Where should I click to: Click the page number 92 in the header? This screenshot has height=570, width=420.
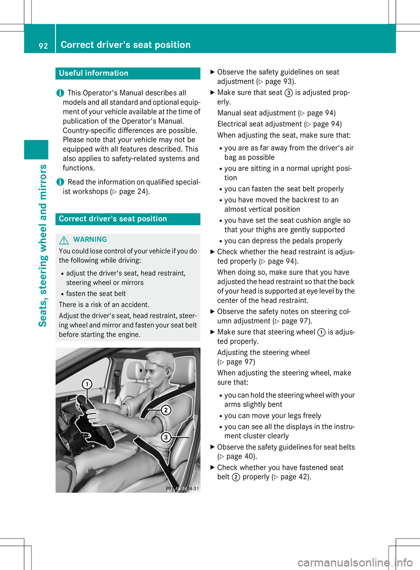(43, 46)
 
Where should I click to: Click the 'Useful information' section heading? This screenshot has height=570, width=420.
(94, 73)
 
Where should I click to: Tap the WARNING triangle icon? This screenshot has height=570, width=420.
(64, 240)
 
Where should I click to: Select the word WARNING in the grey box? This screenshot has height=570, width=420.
(90, 239)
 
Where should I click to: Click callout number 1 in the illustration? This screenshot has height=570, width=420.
(87, 384)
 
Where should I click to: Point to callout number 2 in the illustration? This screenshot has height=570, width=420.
(166, 410)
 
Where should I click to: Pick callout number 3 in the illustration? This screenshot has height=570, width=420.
(166, 437)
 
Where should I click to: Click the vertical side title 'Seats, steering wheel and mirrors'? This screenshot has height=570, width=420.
(43, 245)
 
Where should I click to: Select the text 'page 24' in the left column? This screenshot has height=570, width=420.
(133, 191)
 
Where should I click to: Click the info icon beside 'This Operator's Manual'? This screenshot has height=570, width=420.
(60, 93)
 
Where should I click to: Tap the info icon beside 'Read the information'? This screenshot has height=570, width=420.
(60, 182)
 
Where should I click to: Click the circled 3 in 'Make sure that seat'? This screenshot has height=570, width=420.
(289, 93)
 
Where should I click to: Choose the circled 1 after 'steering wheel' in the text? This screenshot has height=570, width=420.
(321, 332)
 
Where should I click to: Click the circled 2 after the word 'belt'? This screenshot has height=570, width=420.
(236, 477)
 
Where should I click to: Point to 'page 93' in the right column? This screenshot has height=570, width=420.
(279, 81)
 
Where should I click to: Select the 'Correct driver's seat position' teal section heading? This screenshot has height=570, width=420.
(113, 219)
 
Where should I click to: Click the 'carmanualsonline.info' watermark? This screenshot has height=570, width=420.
(355, 562)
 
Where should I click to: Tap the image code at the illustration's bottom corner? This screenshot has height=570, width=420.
(182, 489)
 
